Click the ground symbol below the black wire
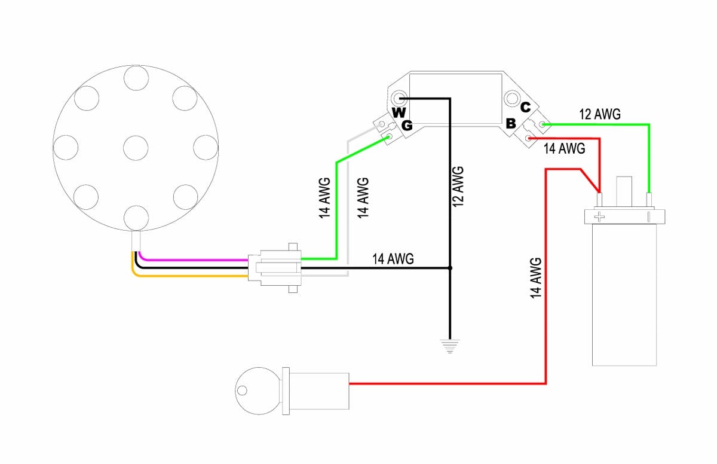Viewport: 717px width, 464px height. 447,346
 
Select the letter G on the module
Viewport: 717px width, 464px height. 407,126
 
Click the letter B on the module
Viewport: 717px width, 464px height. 511,124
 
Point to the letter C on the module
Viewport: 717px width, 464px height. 525,108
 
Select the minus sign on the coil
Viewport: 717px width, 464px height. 648,216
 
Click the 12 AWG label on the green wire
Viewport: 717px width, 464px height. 600,114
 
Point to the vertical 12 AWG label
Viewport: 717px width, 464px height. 458,187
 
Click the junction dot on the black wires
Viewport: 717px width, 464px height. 451,268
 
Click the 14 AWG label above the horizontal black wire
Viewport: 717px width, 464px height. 393,259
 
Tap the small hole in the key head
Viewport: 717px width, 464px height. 241,391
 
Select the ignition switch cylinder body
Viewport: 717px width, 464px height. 319,391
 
